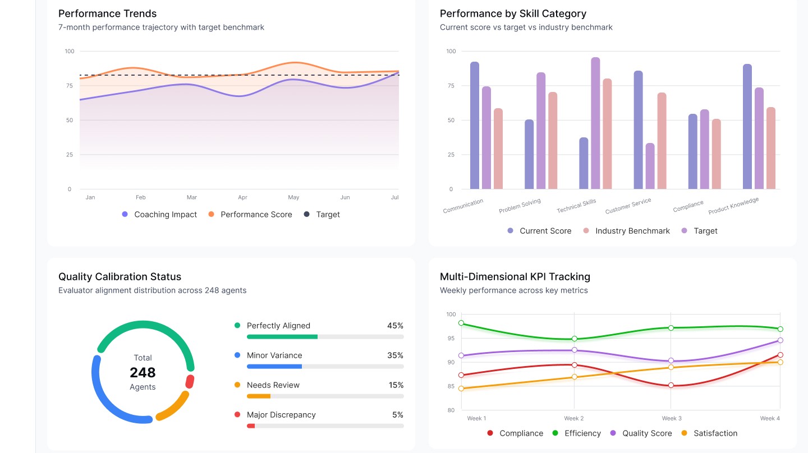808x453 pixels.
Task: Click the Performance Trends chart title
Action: point(107,13)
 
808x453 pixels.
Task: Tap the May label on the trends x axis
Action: point(293,197)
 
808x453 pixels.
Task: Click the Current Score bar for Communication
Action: point(475,126)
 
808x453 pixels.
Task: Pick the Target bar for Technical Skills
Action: point(595,123)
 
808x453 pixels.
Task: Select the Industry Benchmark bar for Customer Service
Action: point(662,141)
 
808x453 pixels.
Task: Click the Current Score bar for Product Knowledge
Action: point(747,127)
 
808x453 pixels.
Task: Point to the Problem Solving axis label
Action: point(520,206)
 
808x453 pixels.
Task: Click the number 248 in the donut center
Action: point(143,372)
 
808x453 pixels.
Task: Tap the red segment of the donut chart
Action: point(190,382)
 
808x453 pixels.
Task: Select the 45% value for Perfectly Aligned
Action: point(395,326)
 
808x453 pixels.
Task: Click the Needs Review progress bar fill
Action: point(259,396)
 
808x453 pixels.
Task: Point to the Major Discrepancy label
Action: point(281,415)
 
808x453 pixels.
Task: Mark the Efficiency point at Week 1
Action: point(461,323)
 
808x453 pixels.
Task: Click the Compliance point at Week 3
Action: point(671,386)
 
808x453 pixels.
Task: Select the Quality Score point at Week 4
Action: point(780,340)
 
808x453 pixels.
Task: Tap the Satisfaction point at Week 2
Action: point(574,377)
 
